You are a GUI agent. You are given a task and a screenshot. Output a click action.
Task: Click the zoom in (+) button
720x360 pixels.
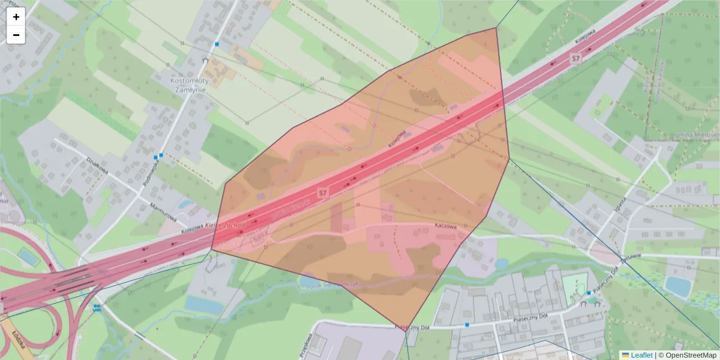(x=16, y=17)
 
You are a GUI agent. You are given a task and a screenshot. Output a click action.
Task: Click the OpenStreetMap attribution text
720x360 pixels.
(x=691, y=355)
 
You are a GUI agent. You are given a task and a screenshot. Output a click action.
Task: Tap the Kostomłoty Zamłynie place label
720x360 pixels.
(x=188, y=85)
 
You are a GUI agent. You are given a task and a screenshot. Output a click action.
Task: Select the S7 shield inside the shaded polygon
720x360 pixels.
(x=323, y=193)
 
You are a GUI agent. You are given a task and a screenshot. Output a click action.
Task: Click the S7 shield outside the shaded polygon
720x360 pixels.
(x=576, y=58)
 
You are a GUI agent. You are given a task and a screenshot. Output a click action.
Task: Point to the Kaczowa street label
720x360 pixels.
(x=446, y=227)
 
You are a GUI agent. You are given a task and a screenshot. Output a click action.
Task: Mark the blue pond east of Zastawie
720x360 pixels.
(x=678, y=286)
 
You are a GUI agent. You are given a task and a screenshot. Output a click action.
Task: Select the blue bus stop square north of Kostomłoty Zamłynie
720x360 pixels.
(x=217, y=44)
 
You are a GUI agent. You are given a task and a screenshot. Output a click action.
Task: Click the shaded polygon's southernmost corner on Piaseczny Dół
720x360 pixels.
(x=406, y=329)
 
